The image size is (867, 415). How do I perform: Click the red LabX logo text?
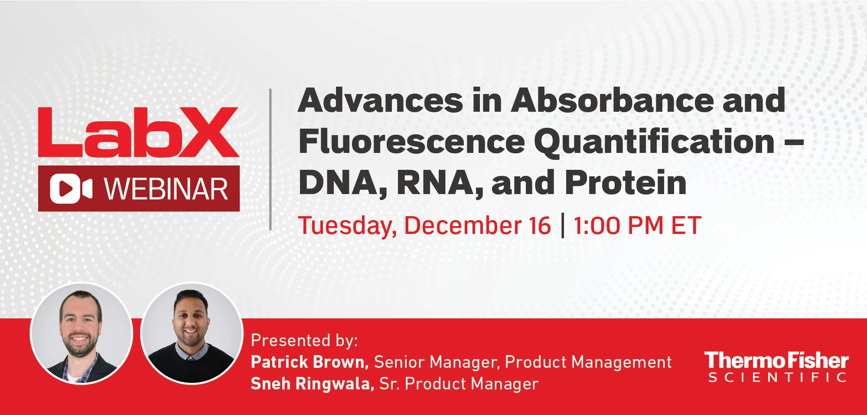click(139, 132)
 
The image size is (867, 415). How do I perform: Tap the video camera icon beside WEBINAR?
click(71, 189)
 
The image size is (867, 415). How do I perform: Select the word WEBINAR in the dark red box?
click(166, 189)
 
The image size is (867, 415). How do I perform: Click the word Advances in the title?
click(381, 100)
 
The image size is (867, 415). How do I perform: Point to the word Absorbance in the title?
click(613, 100)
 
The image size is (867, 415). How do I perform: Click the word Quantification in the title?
click(654, 142)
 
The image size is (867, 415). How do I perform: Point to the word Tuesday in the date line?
click(347, 227)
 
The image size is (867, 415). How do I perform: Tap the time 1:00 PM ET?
click(637, 226)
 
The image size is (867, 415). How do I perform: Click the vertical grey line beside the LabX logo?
click(271, 159)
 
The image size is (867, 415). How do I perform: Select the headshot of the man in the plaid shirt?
click(81, 333)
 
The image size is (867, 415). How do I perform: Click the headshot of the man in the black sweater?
click(191, 333)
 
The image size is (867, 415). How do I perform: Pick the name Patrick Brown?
click(310, 362)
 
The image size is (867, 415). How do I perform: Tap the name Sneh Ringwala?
click(312, 383)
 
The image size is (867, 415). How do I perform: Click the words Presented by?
click(304, 341)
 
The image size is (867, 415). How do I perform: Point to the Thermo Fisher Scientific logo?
click(776, 366)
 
